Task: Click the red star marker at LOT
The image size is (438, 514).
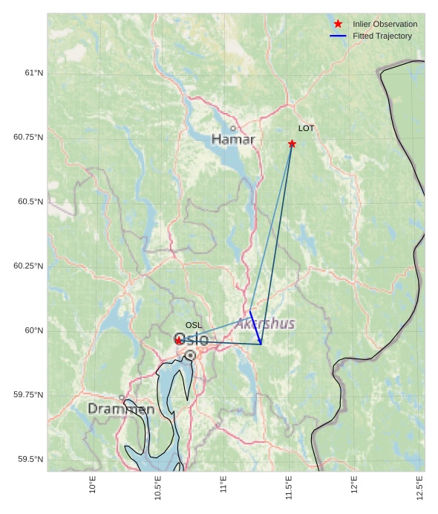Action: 292,144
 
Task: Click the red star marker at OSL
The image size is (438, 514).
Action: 179,340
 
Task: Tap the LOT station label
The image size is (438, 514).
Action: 306,129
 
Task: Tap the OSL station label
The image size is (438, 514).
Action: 193,325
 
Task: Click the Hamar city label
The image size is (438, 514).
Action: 233,139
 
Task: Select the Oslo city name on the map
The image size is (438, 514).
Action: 191,339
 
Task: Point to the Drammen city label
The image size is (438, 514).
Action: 121,409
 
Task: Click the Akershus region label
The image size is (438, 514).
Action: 264,324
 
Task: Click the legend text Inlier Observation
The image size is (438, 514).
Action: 385,24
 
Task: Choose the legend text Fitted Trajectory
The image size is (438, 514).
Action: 382,36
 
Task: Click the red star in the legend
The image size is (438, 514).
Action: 338,24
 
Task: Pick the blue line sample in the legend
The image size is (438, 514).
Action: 338,36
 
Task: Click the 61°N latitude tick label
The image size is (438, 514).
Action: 33,73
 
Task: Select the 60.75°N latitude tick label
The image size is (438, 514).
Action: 28,138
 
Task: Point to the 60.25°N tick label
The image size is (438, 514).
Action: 28,266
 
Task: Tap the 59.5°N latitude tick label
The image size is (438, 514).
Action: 30,460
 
